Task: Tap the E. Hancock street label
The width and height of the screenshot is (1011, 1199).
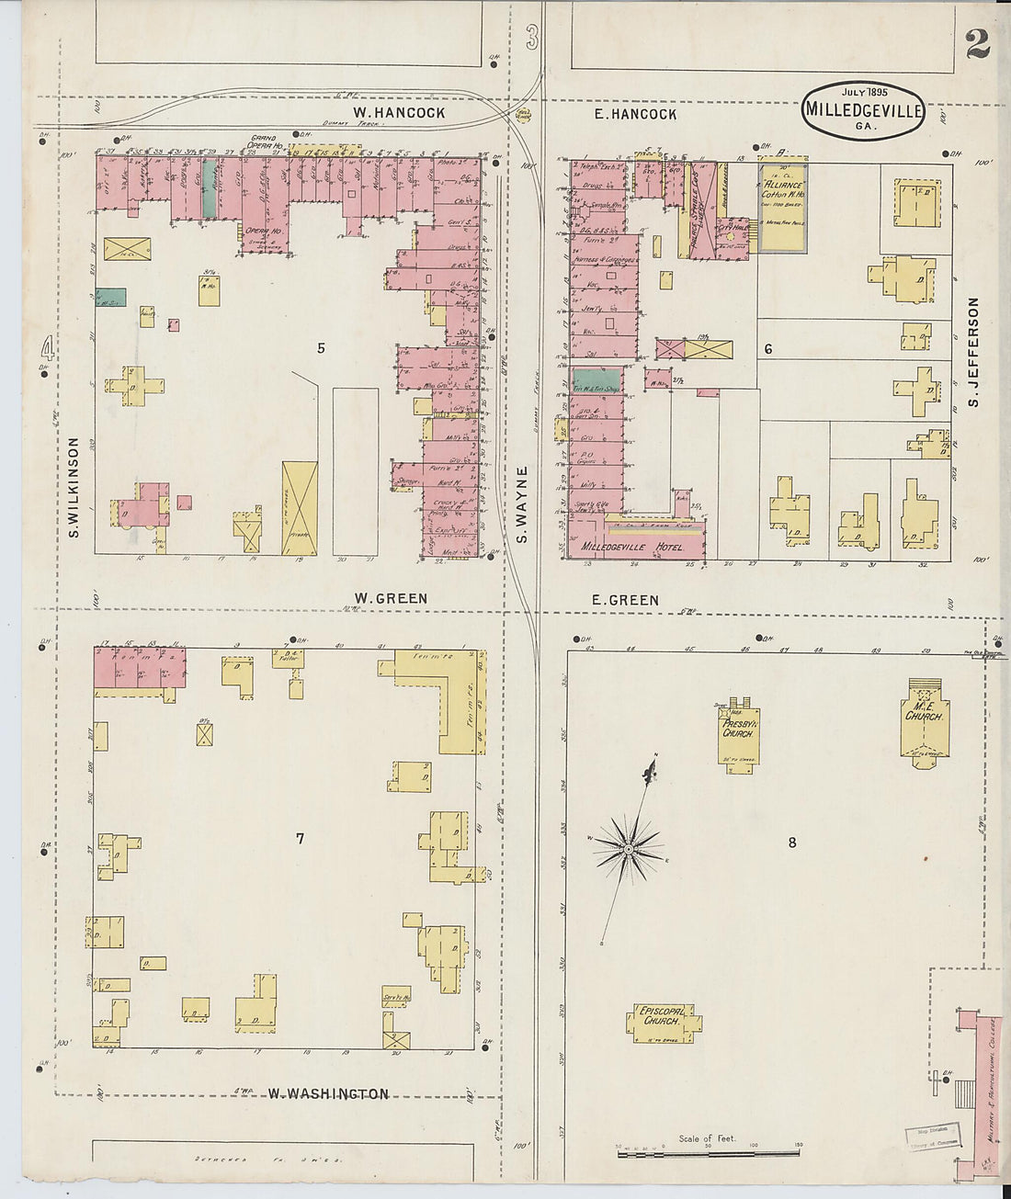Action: [x=634, y=114]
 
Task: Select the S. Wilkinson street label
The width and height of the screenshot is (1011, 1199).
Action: [x=74, y=487]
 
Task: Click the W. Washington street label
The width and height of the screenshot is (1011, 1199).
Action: [x=328, y=1093]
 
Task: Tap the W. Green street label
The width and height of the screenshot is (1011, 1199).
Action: [x=391, y=598]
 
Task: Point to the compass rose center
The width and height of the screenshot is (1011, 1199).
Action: [x=628, y=849]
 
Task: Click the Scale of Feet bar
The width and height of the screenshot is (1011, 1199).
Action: [x=707, y=1151]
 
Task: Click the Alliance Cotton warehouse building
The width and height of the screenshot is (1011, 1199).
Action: [x=782, y=209]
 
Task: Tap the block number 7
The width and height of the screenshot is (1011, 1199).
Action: [x=300, y=837]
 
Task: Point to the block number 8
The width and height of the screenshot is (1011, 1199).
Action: [x=791, y=842]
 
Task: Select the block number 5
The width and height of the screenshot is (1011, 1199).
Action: [x=321, y=347]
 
